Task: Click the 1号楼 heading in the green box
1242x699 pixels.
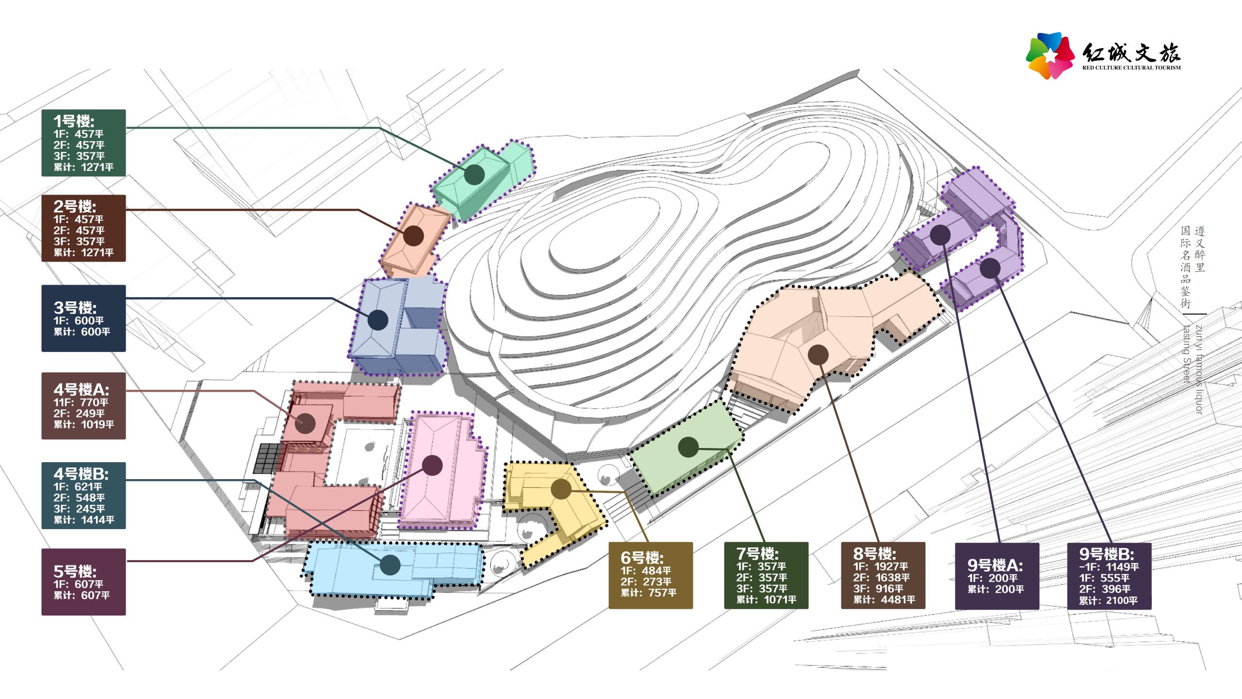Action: point(74,121)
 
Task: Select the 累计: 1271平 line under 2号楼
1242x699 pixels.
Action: point(83,252)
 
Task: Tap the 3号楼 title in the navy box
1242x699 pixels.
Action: point(75,307)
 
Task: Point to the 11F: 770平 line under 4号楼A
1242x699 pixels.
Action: point(81,402)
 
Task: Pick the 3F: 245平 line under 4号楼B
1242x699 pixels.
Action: point(79,509)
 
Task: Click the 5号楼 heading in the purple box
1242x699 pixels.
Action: point(75,571)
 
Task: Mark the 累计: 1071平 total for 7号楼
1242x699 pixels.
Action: point(766,599)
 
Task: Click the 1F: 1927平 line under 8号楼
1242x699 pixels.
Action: point(881,566)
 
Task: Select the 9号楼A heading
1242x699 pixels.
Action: point(995,565)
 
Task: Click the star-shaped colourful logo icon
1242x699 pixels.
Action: point(1050,55)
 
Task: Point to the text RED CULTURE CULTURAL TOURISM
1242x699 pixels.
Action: point(1131,68)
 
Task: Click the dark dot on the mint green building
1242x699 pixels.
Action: point(474,174)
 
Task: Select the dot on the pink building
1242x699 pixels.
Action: point(432,465)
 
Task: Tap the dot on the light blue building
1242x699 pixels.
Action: point(390,565)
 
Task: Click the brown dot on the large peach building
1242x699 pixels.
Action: point(818,355)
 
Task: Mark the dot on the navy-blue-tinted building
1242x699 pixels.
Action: point(378,320)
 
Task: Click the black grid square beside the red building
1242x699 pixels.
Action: point(267,458)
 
